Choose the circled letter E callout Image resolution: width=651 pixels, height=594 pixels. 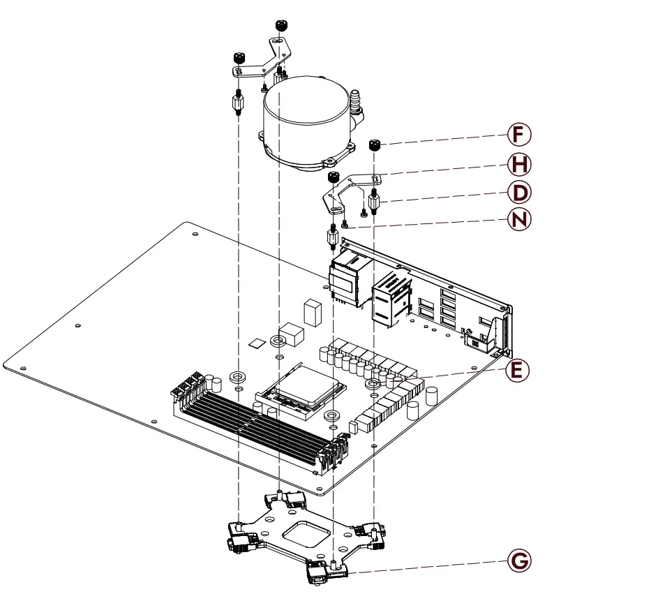[x=516, y=370]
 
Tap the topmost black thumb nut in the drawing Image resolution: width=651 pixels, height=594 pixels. [x=280, y=26]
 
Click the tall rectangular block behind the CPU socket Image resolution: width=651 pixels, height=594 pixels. [x=313, y=313]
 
